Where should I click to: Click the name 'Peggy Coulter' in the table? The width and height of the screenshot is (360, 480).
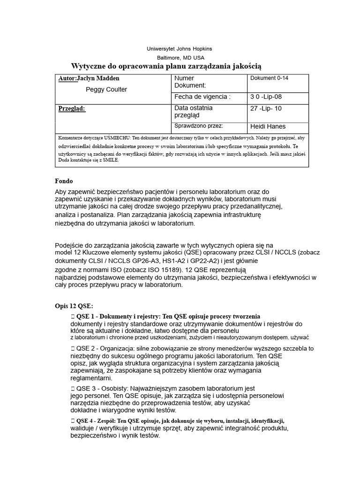(106, 90)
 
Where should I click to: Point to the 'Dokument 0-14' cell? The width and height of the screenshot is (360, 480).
(270, 78)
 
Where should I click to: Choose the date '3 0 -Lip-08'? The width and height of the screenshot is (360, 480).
(267, 97)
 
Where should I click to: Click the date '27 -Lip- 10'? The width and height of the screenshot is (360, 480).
(267, 108)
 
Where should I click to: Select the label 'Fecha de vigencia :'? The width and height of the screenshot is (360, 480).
(202, 97)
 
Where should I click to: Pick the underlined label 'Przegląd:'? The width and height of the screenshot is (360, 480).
(72, 109)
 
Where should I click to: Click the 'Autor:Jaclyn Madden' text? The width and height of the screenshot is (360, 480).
(89, 78)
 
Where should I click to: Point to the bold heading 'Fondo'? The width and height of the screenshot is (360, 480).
(64, 181)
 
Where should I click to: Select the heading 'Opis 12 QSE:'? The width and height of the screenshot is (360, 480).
(74, 306)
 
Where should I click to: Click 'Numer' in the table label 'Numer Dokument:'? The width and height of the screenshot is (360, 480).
(184, 78)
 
